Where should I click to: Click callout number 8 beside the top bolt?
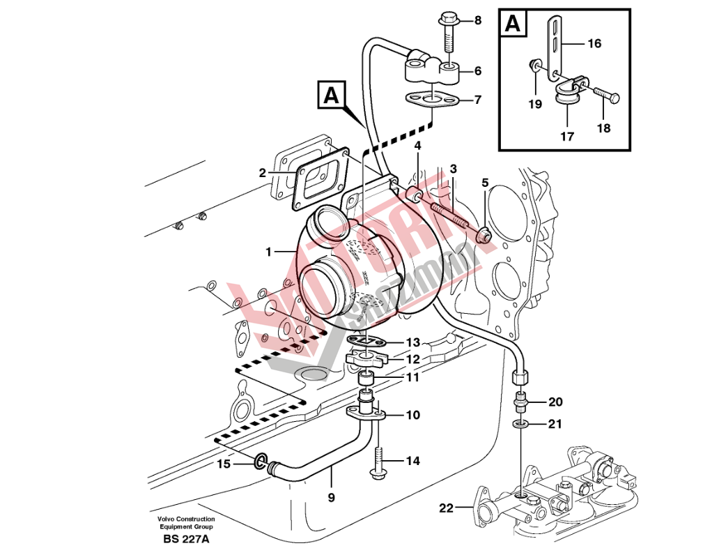click(478, 20)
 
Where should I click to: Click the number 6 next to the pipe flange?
click(478, 70)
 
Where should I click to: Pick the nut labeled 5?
click(483, 236)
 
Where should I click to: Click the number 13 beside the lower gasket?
click(413, 342)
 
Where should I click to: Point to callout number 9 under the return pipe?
click(331, 498)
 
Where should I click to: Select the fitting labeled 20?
click(520, 402)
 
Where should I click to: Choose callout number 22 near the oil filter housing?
click(445, 508)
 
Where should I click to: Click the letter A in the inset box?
click(512, 24)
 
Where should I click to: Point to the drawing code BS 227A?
click(186, 538)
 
